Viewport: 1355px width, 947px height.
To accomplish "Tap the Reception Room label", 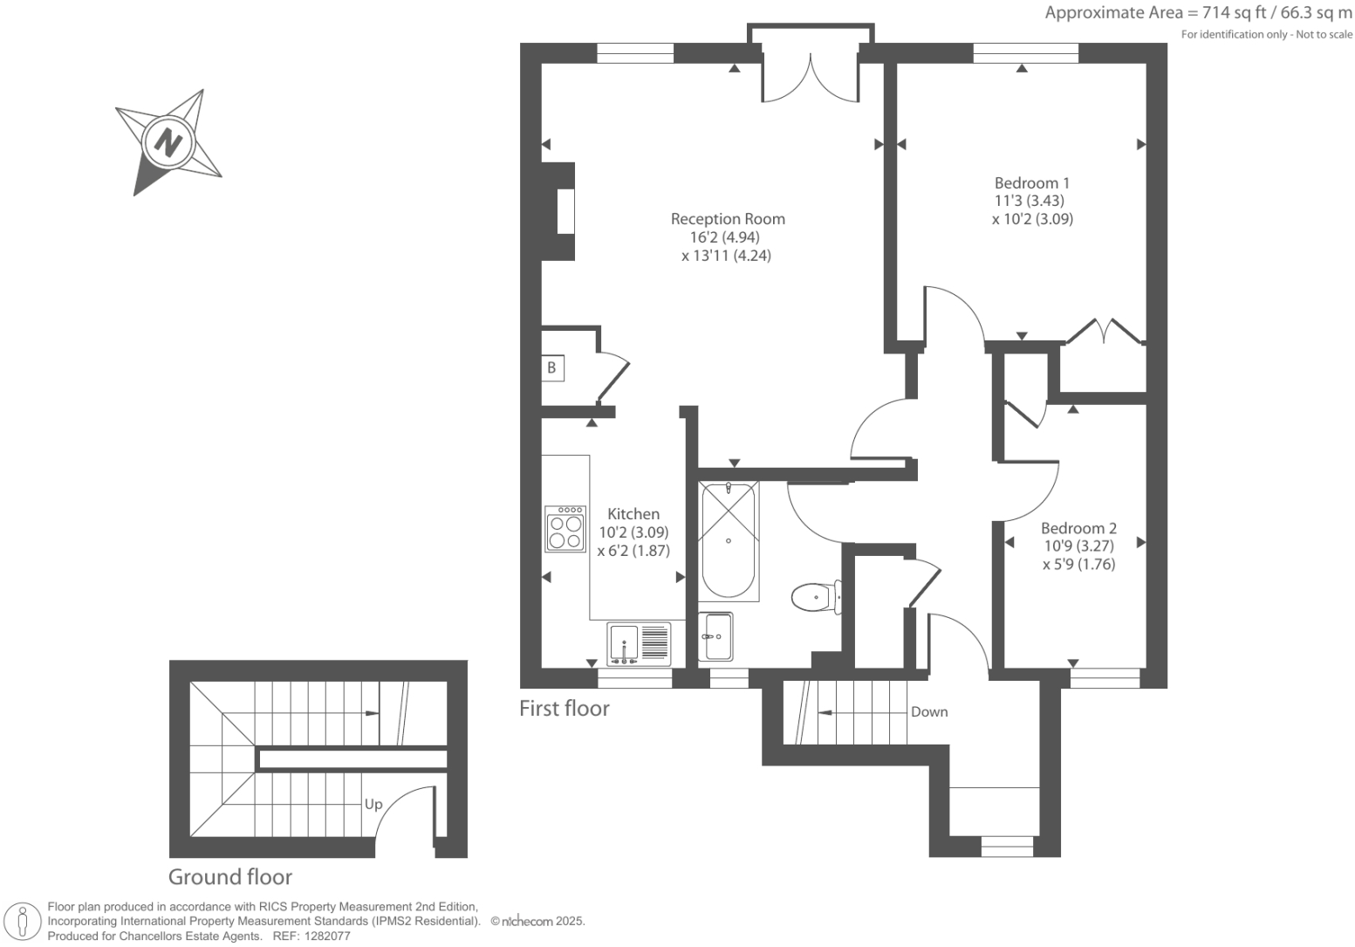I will pyautogui.click(x=728, y=219).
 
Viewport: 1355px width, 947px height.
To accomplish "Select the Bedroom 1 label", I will pyautogui.click(x=1032, y=183).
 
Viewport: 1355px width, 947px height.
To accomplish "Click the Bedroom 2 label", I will pyautogui.click(x=1078, y=528).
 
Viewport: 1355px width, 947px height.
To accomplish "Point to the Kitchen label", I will pyautogui.click(x=633, y=514).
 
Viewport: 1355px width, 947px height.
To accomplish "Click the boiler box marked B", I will pyautogui.click(x=551, y=368).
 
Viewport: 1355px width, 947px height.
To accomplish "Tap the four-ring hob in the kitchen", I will pyautogui.click(x=565, y=529).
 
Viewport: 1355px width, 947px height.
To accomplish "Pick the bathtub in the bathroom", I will pyautogui.click(x=729, y=540).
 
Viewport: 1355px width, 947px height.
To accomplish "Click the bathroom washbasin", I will pyautogui.click(x=716, y=636).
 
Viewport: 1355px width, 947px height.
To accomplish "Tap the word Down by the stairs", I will pyautogui.click(x=929, y=712).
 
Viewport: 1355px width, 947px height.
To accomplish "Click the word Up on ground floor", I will pyautogui.click(x=373, y=804).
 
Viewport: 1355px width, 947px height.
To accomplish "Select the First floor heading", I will pyautogui.click(x=565, y=709).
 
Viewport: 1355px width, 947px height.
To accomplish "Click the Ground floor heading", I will pyautogui.click(x=230, y=877).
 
